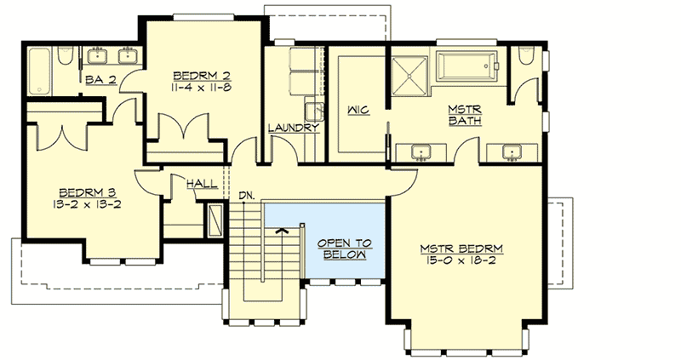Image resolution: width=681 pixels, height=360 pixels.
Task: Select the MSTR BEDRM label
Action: click(461, 249)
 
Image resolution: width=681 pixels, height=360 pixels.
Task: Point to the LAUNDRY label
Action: click(294, 129)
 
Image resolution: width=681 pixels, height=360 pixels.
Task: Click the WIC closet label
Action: click(358, 110)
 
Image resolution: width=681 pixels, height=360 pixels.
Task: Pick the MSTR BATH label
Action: click(464, 115)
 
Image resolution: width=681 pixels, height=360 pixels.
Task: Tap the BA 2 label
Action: click(101, 81)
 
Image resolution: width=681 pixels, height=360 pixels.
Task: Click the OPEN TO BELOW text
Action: click(343, 248)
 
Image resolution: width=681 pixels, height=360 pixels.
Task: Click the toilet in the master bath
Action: click(526, 60)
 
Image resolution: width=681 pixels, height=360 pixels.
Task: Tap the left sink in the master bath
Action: click(420, 152)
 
